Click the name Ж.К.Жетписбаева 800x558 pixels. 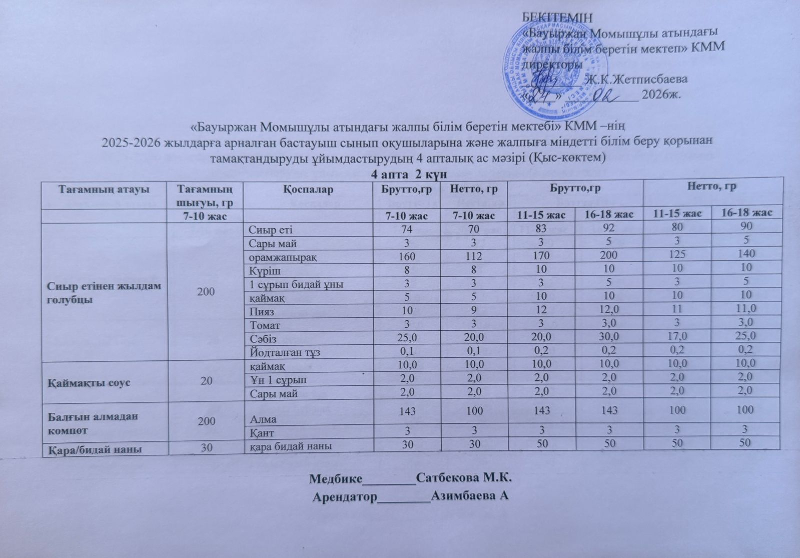coord(636,79)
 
